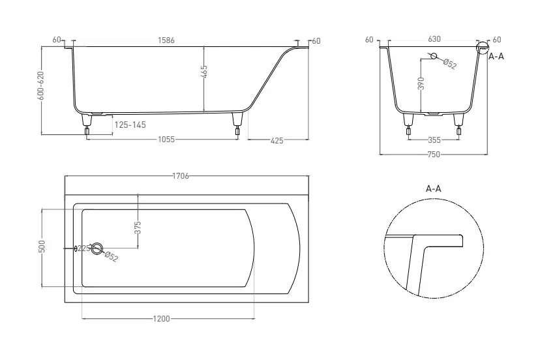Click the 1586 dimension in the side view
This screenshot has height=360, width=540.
pyautogui.click(x=166, y=40)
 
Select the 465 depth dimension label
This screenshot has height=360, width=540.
pyautogui.click(x=204, y=72)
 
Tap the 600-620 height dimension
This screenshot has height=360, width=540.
pyautogui.click(x=40, y=86)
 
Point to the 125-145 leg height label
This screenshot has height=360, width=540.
pyautogui.click(x=130, y=125)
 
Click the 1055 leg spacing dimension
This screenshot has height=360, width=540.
pyautogui.click(x=166, y=140)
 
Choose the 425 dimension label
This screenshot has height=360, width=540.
pyautogui.click(x=277, y=141)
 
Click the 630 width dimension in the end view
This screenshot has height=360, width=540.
pyautogui.click(x=434, y=39)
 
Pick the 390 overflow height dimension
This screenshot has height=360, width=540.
pyautogui.click(x=421, y=83)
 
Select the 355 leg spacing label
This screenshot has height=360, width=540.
pyautogui.click(x=434, y=140)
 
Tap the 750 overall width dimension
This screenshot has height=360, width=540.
pyautogui.click(x=434, y=155)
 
